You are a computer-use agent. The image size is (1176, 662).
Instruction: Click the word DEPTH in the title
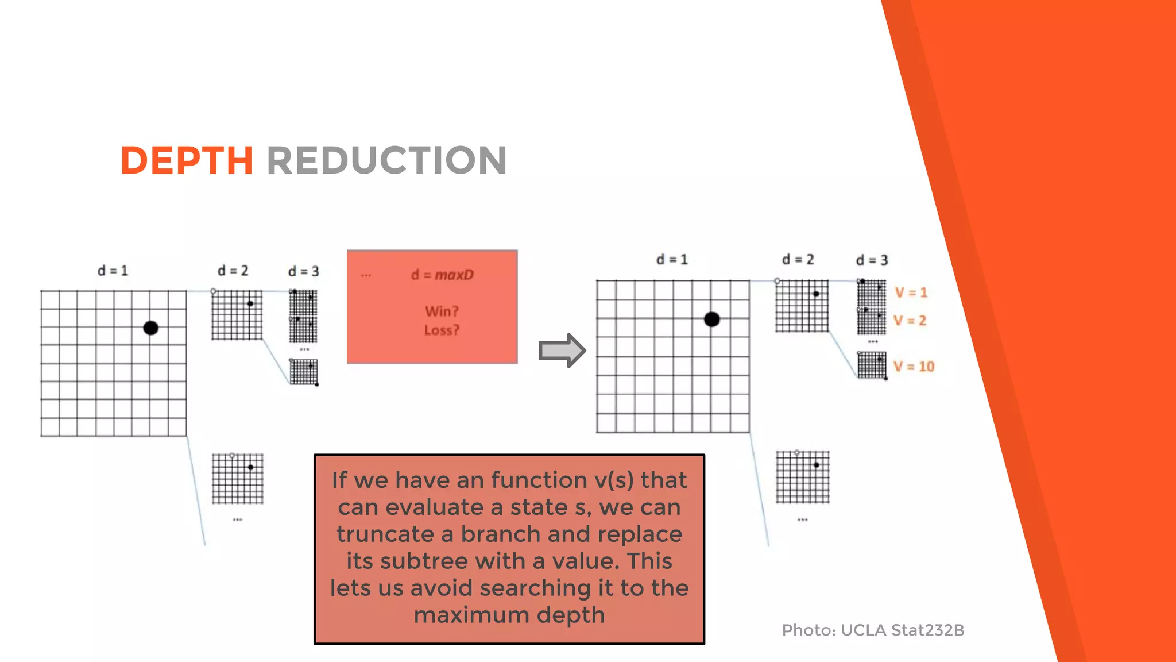click(187, 160)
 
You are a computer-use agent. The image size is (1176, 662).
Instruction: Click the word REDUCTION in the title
click(386, 160)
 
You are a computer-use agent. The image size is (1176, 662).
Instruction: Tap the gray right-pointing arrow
click(562, 350)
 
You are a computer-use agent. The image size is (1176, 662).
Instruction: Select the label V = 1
click(911, 292)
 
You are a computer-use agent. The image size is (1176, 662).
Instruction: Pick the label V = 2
click(910, 321)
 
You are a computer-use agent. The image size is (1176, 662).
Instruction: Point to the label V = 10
click(914, 367)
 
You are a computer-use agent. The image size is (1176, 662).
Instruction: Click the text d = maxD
click(442, 275)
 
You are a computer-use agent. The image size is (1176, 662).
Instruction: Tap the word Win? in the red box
click(442, 311)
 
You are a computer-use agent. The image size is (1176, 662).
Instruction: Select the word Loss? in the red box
click(442, 330)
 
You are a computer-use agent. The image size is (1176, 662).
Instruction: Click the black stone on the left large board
click(151, 328)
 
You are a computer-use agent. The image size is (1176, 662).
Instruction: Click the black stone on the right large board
click(711, 320)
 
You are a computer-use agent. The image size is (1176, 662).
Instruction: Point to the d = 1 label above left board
click(113, 271)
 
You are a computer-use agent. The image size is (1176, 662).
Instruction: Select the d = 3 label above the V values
click(872, 260)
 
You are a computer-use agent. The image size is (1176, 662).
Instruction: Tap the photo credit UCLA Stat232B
click(902, 630)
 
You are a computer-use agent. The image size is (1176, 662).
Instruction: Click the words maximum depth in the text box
click(509, 615)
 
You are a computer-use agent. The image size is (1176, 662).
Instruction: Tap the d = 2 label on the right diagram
click(798, 260)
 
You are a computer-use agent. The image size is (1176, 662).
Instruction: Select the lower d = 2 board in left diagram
click(238, 479)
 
